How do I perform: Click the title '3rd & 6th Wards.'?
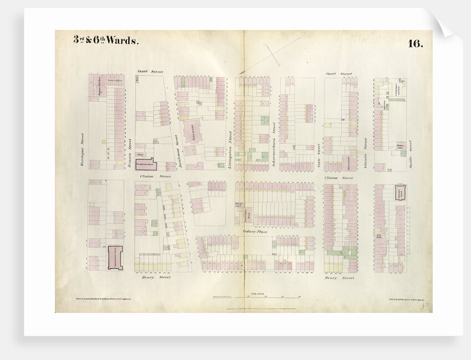coord(106,41)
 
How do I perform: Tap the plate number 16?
coord(415,44)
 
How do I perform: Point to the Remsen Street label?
coord(130,152)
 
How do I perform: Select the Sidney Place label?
coord(255,232)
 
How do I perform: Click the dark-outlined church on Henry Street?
coord(115,258)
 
